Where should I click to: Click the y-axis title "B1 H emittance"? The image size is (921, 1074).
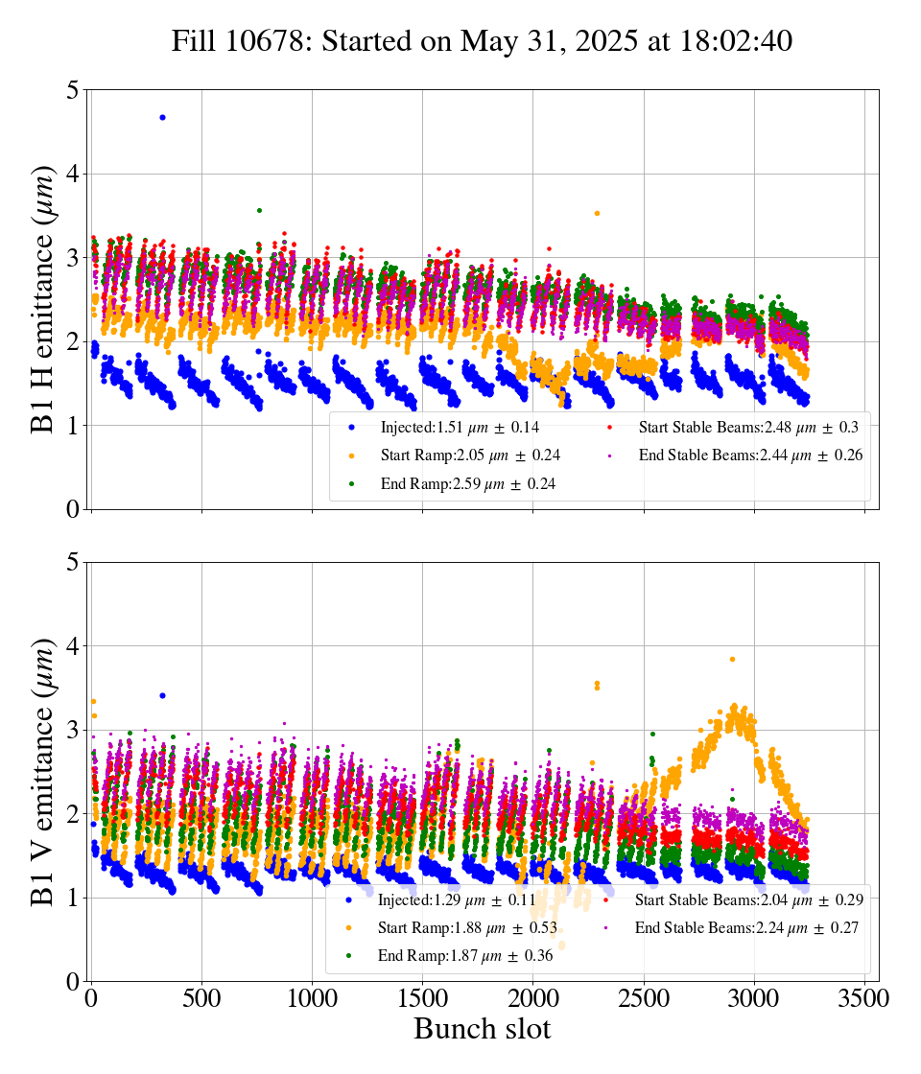coord(43,299)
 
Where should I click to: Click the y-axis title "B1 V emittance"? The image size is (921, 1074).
coord(43,771)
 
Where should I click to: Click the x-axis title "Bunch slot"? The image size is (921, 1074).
coord(482,1029)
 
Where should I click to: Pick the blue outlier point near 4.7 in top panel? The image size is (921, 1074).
coord(162,117)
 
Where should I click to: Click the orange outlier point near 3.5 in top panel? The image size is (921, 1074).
coord(597,213)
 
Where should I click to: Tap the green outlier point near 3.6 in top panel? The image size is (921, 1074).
coord(259,210)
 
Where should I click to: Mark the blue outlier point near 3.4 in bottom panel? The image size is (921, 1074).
coord(162,695)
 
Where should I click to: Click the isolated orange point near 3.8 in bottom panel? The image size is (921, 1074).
coord(732,659)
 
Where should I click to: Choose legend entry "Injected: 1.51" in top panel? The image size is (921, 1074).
coord(432,427)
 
